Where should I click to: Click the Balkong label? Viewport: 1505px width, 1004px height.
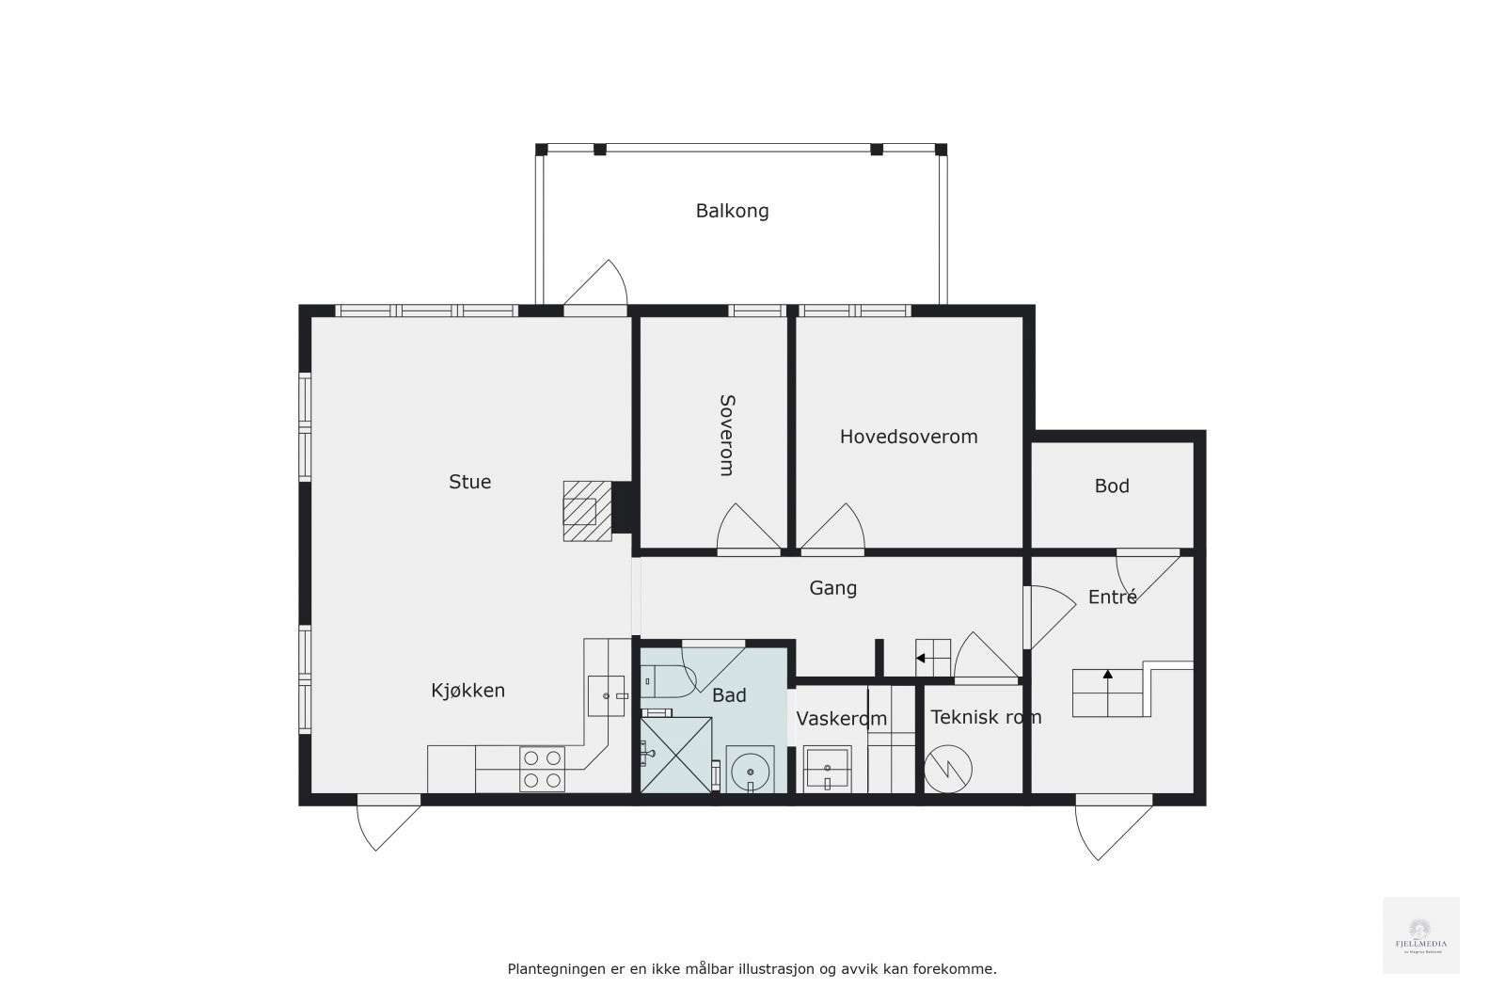[x=732, y=211]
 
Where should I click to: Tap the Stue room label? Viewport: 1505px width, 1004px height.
[x=469, y=482]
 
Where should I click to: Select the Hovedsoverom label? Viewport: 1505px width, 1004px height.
[x=909, y=437]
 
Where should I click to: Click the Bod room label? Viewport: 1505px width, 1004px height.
[x=1112, y=486]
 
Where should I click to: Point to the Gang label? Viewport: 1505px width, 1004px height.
[x=832, y=588]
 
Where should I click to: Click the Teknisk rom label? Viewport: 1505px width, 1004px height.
[x=986, y=717]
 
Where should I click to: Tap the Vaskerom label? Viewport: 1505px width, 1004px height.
[x=841, y=719]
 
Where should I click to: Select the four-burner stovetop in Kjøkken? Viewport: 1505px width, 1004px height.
[x=543, y=768]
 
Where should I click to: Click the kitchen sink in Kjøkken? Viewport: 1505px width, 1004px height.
[x=607, y=696]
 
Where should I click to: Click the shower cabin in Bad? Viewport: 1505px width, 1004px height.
[x=675, y=755]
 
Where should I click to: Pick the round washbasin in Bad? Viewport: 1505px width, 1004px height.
[x=750, y=770]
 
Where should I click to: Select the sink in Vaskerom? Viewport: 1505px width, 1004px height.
[x=827, y=770]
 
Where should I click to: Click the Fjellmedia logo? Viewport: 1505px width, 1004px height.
[x=1420, y=935]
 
